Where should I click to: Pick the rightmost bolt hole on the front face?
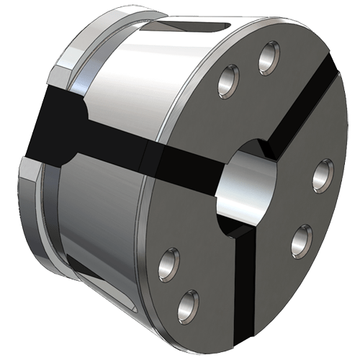click(x=322, y=173)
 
